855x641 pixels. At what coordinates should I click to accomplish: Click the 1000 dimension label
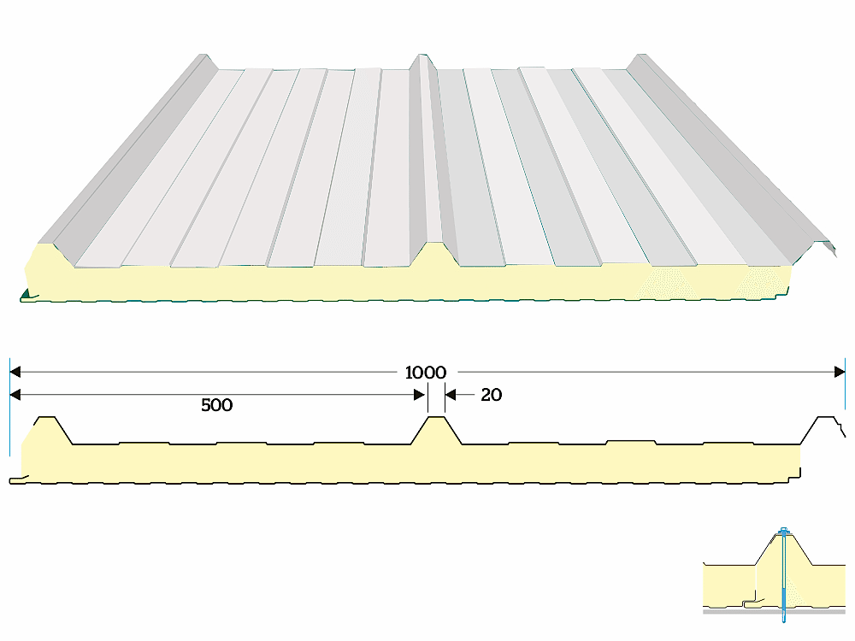[426, 373]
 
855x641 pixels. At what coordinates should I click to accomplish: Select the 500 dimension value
[216, 405]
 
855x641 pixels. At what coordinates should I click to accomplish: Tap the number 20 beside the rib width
[491, 395]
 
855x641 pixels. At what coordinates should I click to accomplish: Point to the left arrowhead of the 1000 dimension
[15, 372]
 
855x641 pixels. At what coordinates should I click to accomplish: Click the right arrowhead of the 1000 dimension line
[839, 372]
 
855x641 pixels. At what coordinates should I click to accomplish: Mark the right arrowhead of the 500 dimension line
[420, 394]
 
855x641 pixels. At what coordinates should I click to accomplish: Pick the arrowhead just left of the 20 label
[451, 394]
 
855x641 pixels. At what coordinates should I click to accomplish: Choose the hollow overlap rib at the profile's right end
[827, 426]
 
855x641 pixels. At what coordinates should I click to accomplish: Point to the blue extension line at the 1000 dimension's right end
[845, 370]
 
